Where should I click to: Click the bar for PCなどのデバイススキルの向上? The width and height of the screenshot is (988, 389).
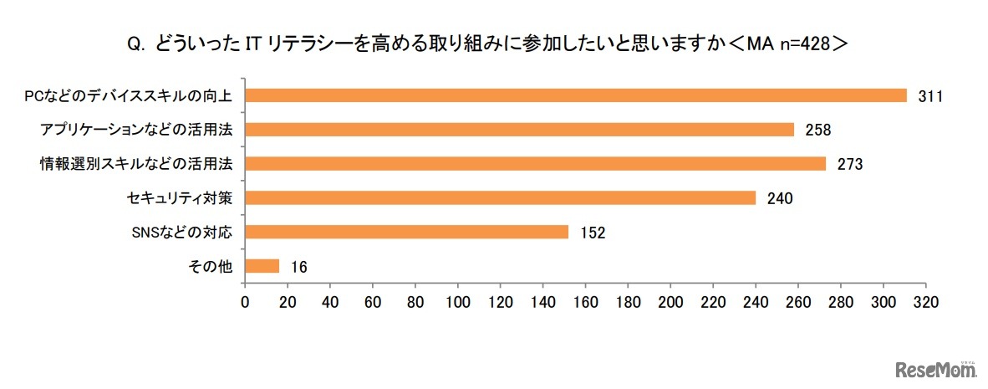click(x=575, y=95)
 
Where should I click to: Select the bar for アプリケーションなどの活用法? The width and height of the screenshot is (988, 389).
click(x=519, y=130)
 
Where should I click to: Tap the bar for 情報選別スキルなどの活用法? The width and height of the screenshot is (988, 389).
click(x=535, y=164)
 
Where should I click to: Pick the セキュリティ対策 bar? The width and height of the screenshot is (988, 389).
click(x=500, y=198)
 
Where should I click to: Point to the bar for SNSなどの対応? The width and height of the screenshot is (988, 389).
click(x=406, y=232)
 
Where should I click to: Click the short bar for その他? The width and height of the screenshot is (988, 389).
click(x=262, y=266)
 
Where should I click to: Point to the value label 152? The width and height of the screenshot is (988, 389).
click(x=592, y=233)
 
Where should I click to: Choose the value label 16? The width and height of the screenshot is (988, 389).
click(x=299, y=267)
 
